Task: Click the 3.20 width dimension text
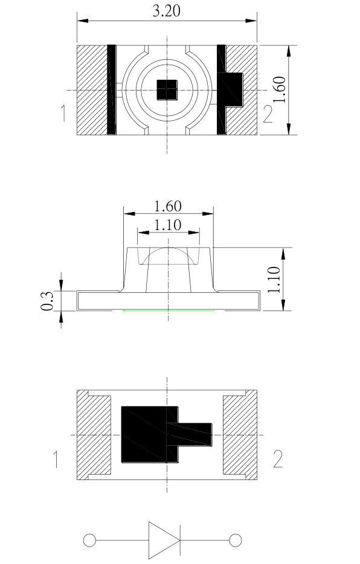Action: tap(167, 11)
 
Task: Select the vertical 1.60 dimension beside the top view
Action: tap(280, 89)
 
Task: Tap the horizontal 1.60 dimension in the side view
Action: tap(168, 206)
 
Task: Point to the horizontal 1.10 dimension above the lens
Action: tap(168, 225)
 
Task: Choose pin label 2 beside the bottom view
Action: tap(277, 459)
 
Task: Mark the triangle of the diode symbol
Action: tap(163, 539)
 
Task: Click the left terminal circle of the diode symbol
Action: tap(89, 539)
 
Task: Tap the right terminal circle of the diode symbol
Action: tap(236, 539)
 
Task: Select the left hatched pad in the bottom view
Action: tap(94, 435)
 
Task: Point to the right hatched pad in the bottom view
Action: tap(240, 435)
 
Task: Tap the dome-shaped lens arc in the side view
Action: tap(168, 249)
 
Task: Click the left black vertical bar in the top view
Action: tap(111, 89)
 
